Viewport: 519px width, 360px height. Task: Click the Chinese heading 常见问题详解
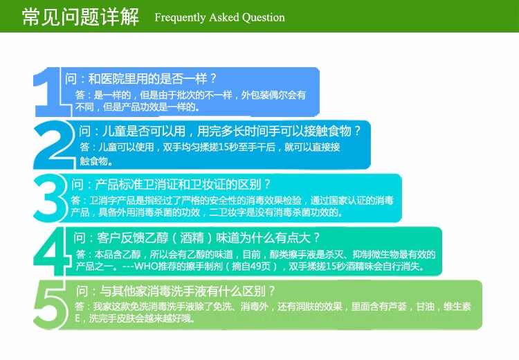tap(80, 17)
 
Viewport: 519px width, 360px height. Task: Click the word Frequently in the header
tap(180, 17)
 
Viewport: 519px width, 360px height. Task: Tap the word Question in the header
tap(264, 17)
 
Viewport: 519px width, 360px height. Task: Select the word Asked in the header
tap(224, 17)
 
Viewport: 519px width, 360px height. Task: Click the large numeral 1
tap(50, 92)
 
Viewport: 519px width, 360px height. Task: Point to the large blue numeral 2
tap(54, 145)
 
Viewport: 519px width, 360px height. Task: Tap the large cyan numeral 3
tap(50, 198)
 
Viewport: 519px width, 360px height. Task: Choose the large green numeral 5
tap(51, 305)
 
